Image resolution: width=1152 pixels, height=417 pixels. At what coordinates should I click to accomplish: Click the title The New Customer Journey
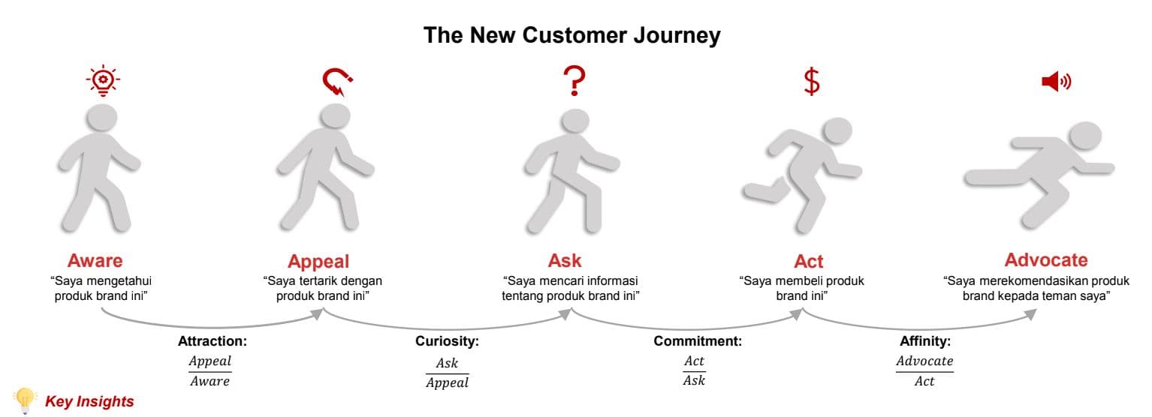coord(572,35)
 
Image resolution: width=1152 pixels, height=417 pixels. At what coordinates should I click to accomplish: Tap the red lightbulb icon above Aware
coord(103,81)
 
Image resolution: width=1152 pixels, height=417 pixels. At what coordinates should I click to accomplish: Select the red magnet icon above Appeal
coord(337,82)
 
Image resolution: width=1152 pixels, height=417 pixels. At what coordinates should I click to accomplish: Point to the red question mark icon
coord(574,81)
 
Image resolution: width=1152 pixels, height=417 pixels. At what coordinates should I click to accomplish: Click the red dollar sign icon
coord(812,81)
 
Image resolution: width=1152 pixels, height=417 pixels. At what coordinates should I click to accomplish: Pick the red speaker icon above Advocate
coord(1056,82)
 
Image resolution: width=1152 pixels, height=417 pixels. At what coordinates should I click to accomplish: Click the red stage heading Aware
coord(95,260)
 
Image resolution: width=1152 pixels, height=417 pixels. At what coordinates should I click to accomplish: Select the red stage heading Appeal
coord(318,262)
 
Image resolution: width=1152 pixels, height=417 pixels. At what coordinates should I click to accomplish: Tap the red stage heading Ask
coord(565,260)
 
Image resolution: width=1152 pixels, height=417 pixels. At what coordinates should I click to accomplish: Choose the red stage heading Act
coord(809,262)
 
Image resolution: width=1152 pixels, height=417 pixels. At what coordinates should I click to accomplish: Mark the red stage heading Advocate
coord(1046,259)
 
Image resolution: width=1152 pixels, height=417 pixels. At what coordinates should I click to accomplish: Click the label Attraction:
coord(213,341)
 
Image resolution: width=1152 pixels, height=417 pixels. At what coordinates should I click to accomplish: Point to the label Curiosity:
coord(447,341)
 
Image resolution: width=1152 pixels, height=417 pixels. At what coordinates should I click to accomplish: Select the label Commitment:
coord(698,341)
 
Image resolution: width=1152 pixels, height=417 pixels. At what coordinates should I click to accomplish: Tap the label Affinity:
coord(925,341)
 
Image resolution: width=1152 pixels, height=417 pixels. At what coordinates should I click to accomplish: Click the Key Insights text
coord(89,401)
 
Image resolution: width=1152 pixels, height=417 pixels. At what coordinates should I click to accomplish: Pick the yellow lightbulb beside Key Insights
coord(24,400)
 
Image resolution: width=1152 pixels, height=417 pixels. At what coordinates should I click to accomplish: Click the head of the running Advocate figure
coord(1085,136)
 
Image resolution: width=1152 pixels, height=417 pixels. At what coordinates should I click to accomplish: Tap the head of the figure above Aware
coord(102,118)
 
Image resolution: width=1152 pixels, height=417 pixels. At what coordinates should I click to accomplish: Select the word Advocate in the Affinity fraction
coord(924,361)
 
